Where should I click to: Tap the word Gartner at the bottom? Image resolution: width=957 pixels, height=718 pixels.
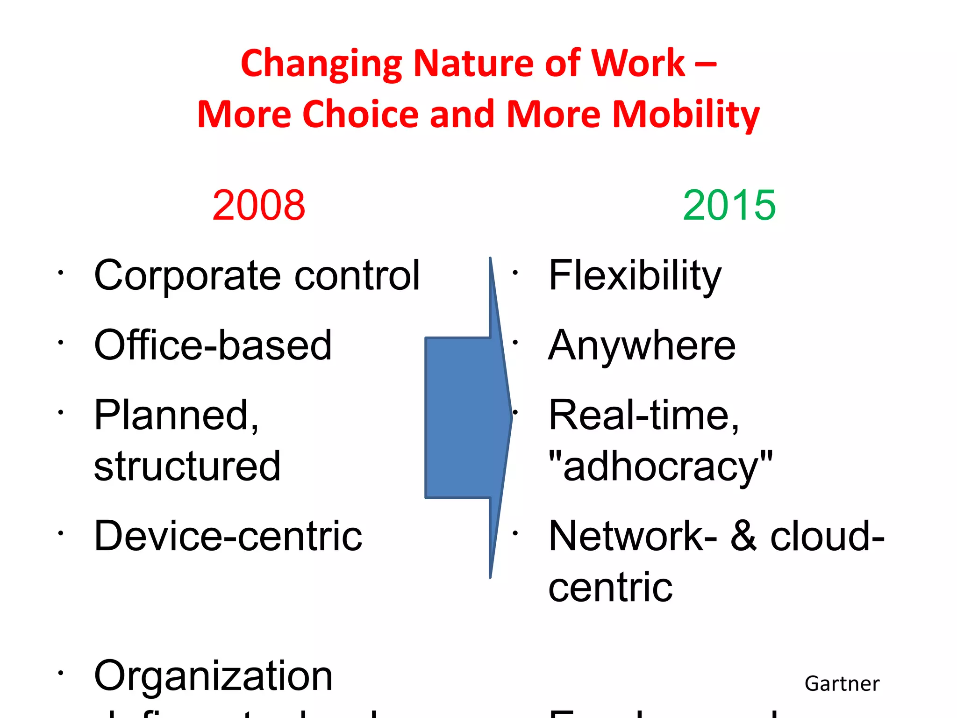[842, 684]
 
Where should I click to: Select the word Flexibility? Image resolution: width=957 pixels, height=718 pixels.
[635, 276]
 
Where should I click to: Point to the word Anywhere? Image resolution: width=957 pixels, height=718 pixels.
[642, 345]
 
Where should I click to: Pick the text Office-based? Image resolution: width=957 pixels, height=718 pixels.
[213, 345]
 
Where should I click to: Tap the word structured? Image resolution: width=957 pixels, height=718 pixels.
[187, 466]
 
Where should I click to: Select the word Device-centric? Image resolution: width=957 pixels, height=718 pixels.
[228, 536]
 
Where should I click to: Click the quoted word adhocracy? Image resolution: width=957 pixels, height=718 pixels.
[660, 466]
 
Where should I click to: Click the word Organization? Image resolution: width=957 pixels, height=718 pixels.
[213, 676]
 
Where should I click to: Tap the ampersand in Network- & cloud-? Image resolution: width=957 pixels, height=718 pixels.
[743, 536]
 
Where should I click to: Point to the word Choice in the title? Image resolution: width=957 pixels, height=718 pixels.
[361, 115]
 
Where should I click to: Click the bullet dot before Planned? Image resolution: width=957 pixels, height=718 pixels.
[60, 412]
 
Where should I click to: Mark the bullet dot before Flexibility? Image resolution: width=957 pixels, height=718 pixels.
[515, 273]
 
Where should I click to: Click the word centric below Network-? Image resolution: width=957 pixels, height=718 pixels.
[610, 587]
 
